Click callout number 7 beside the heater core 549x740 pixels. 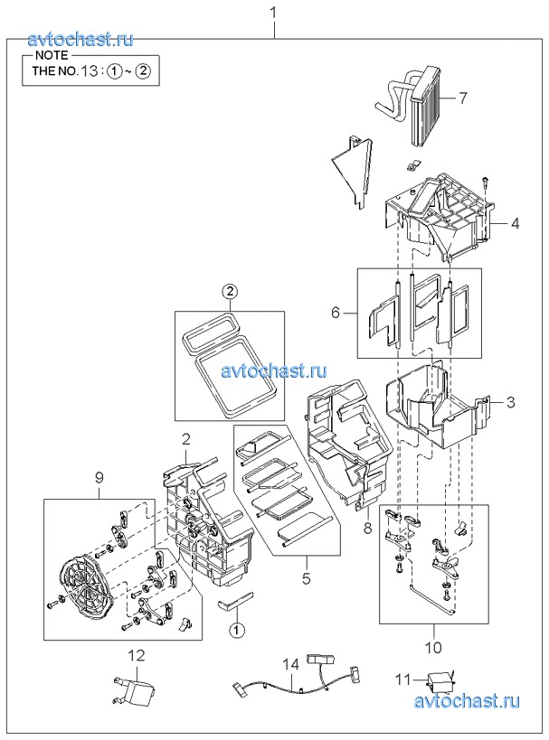click(x=463, y=98)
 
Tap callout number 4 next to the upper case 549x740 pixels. click(x=515, y=223)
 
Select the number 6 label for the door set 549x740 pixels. click(x=336, y=313)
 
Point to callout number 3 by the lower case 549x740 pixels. click(x=511, y=403)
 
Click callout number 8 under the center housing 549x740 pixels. click(x=368, y=527)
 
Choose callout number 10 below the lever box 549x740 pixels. click(x=433, y=647)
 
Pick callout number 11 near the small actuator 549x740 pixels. click(x=403, y=679)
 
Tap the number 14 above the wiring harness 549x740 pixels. click(x=291, y=664)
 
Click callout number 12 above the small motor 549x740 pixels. click(x=137, y=656)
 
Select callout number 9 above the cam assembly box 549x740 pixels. click(x=99, y=478)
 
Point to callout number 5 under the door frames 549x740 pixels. click(x=306, y=578)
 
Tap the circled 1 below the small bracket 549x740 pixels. click(x=237, y=630)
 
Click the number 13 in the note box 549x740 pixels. click(x=89, y=71)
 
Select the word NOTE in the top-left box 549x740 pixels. click(x=52, y=55)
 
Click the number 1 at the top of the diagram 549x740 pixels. click(x=273, y=13)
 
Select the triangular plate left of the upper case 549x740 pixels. click(x=354, y=170)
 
